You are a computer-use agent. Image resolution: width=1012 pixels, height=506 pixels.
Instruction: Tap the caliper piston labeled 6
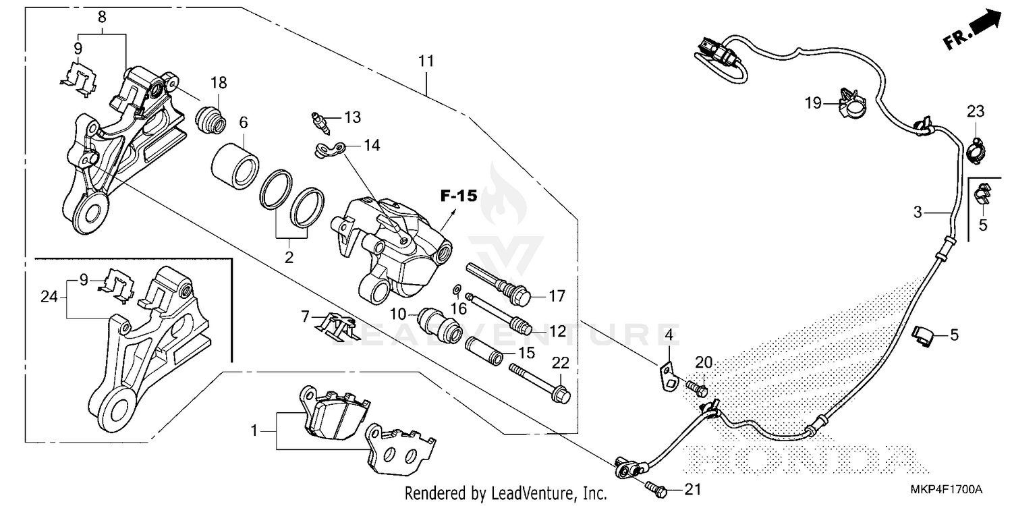(235, 165)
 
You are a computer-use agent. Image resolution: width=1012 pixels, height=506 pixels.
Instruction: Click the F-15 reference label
(459, 196)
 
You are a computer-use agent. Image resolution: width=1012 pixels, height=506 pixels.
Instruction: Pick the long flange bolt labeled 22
(540, 381)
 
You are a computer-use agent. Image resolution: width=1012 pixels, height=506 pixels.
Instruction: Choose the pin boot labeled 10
(439, 324)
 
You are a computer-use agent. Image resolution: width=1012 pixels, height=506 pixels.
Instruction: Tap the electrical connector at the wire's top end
(718, 51)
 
